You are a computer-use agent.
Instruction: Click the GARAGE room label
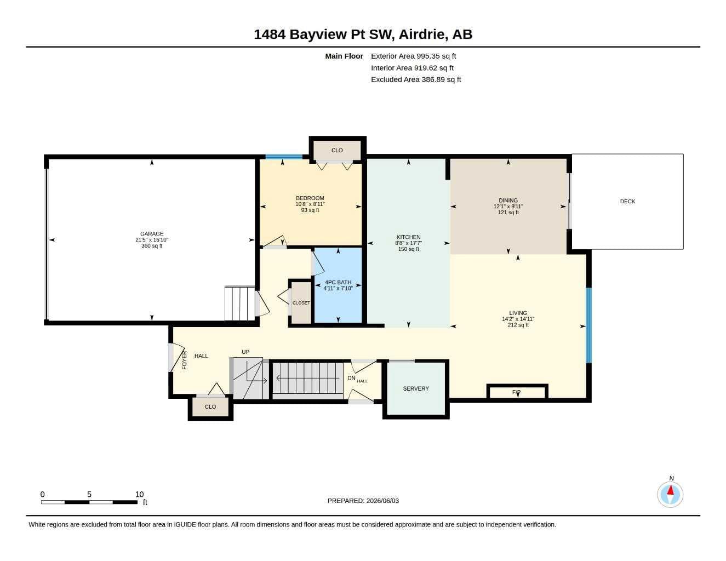coord(152,234)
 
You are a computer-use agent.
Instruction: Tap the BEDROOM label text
coord(310,198)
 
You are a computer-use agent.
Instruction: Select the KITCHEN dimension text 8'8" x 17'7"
coord(408,243)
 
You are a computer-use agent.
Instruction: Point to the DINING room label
coord(508,201)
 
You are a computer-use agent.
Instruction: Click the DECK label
coord(627,202)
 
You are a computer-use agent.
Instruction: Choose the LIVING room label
coord(518,313)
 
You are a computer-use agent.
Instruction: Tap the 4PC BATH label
coord(338,282)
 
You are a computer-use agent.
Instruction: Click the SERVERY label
coord(416,388)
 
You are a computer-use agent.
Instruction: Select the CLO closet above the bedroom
coord(337,150)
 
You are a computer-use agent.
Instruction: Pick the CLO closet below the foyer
coord(210,407)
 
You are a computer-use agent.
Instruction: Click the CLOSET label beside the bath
coord(301,303)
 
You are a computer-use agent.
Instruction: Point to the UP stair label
coord(245,352)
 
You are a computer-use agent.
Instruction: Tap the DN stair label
coord(351,378)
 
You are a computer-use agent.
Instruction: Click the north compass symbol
coord(670,495)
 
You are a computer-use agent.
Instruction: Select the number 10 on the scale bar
coord(139,494)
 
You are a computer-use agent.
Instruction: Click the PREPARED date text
coord(363,501)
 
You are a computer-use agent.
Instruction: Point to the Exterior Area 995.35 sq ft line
coord(413,56)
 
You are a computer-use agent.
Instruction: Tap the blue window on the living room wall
coord(588,325)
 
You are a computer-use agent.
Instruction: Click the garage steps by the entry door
coord(240,303)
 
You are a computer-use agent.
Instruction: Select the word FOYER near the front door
coord(185,360)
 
